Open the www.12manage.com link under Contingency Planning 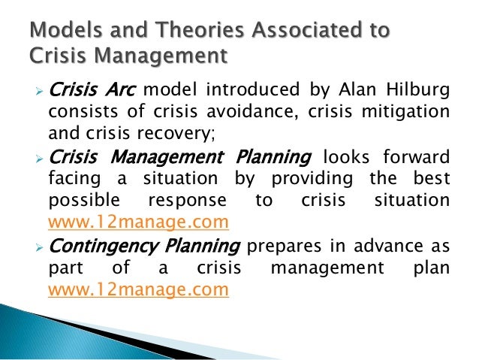pos(137,289)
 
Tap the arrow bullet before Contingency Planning pos(41,247)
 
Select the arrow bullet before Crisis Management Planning pos(41,159)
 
